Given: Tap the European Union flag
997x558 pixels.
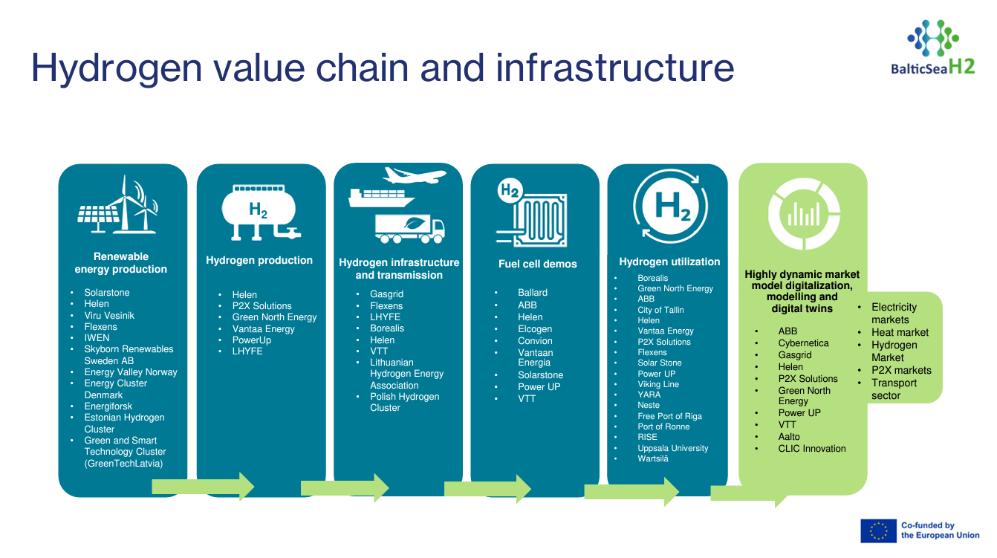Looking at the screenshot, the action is [878, 531].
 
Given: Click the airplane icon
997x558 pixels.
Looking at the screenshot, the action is [415, 175].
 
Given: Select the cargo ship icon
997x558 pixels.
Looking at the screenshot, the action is [381, 198].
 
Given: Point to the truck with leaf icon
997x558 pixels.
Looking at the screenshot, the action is [409, 229].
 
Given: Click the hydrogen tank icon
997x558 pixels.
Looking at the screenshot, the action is [260, 213].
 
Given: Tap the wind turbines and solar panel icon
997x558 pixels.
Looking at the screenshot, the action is [118, 204].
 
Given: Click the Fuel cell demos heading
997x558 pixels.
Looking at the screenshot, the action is [537, 264].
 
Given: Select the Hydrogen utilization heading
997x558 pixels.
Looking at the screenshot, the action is [669, 262].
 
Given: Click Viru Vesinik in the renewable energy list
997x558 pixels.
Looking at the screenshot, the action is [109, 316].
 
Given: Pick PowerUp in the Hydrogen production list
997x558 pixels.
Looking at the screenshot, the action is [251, 340].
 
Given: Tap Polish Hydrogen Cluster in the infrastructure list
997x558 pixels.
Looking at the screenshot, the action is [405, 402].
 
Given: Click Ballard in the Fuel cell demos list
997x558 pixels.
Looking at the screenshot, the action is [533, 293].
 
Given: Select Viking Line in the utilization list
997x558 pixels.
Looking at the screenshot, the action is [657, 384].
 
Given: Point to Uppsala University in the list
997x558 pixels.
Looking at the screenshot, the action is [672, 448].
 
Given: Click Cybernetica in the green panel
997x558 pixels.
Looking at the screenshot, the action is [803, 343].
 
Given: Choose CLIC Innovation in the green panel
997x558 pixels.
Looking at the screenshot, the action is [812, 449].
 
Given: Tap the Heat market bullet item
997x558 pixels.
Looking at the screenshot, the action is [900, 332].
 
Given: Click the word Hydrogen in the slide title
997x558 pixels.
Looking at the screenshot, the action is [117, 68].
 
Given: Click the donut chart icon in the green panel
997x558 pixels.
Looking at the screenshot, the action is [804, 214].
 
